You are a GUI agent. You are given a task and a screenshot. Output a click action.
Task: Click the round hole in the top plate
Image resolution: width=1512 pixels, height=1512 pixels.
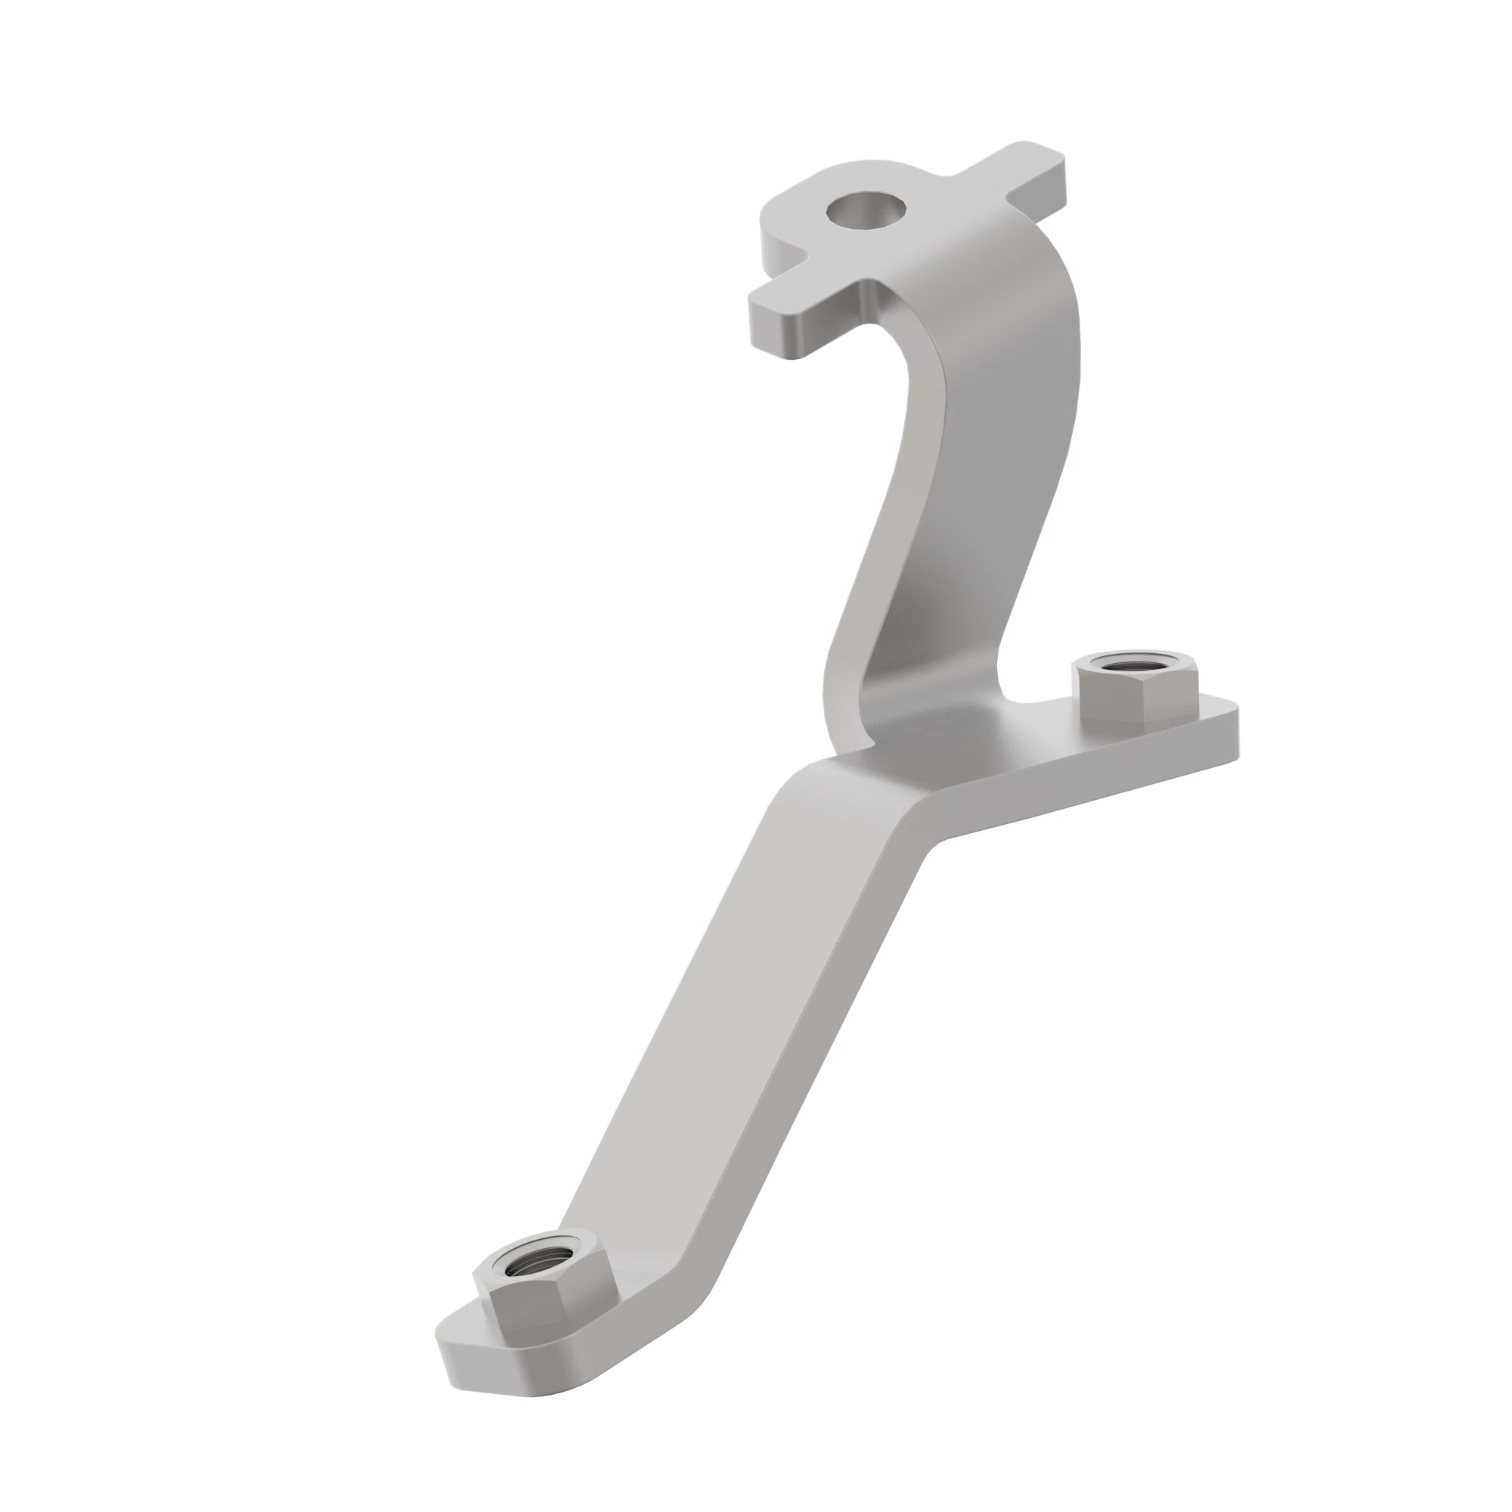tap(869, 212)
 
